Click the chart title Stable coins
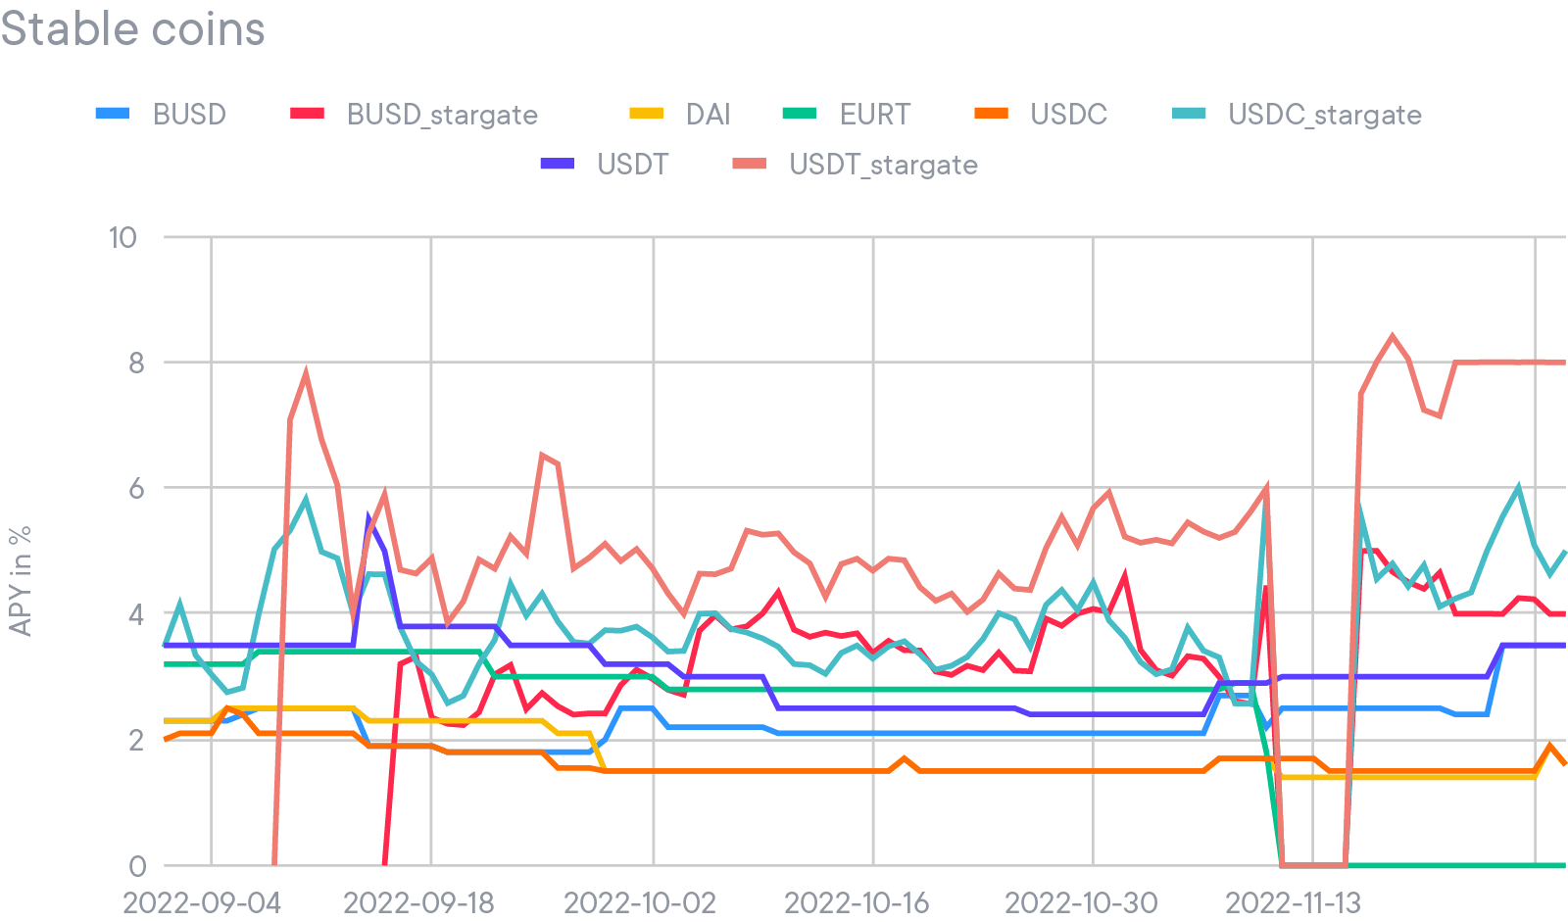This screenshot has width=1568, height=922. (x=133, y=28)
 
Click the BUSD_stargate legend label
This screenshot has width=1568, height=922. (x=442, y=115)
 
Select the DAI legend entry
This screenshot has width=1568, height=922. (x=708, y=115)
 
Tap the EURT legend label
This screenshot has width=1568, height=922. (x=874, y=115)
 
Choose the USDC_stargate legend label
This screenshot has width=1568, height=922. (x=1324, y=115)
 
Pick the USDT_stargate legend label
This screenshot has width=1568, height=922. (x=883, y=165)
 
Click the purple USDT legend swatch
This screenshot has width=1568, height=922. (x=558, y=165)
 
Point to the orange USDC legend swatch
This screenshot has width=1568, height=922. (x=991, y=115)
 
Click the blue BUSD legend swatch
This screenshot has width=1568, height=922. (x=113, y=115)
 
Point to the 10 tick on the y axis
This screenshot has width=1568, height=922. (x=122, y=237)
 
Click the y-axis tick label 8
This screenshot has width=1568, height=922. (x=136, y=363)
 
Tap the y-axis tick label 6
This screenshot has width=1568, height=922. (x=136, y=488)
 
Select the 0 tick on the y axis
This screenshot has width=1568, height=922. (x=137, y=866)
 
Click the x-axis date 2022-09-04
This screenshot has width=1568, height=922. (x=202, y=902)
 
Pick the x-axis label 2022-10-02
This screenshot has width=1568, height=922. (x=640, y=902)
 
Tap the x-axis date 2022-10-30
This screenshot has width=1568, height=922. (x=1081, y=902)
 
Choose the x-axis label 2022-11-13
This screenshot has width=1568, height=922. (x=1294, y=902)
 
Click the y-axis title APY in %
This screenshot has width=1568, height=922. (x=21, y=581)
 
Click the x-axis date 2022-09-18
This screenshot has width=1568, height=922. (x=418, y=902)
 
